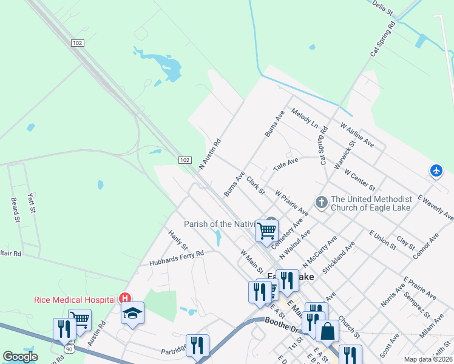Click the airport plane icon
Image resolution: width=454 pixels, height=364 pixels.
[436, 171]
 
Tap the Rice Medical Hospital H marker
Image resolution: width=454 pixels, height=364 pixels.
[125, 298]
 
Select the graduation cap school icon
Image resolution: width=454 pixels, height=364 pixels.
[132, 313]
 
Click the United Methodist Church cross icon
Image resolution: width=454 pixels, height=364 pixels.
[321, 201]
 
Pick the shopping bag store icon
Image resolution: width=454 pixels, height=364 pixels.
[327, 331]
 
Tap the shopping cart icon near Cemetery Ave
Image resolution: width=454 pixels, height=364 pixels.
[266, 231]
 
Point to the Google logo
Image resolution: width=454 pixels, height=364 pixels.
[20, 357]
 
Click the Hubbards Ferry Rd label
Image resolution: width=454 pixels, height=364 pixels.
[177, 258]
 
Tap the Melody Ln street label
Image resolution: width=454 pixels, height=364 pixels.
[305, 118]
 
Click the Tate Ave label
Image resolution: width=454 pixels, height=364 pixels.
[286, 164]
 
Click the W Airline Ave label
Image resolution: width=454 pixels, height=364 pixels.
[357, 135]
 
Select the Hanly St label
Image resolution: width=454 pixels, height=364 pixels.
[178, 239]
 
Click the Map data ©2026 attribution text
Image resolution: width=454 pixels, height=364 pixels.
[427, 359]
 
